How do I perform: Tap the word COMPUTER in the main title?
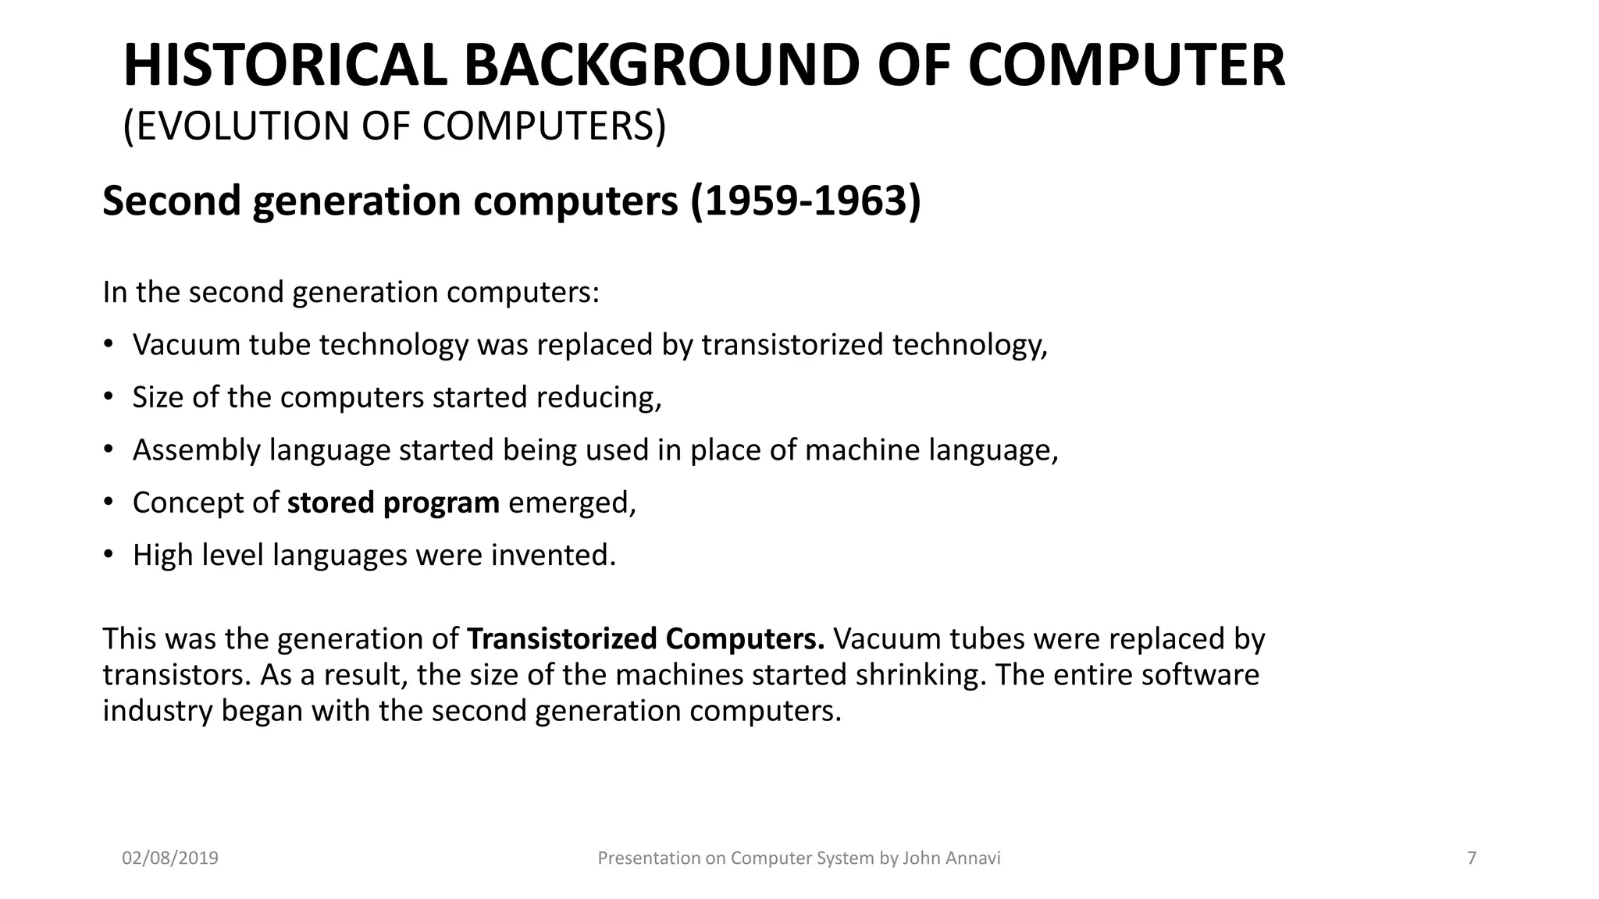[x=1126, y=66]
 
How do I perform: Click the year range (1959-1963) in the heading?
[x=806, y=201]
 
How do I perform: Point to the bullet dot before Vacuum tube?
[x=109, y=344]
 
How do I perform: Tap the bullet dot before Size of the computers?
[x=109, y=397]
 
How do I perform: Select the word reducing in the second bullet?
[x=598, y=397]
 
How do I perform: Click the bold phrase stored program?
[x=393, y=503]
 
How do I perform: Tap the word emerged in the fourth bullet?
[x=572, y=503]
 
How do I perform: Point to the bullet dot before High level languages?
[x=109, y=555]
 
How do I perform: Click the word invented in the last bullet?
[x=553, y=555]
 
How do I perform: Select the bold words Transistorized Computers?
[x=645, y=638]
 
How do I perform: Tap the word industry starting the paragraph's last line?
[x=157, y=711]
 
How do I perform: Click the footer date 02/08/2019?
[x=170, y=858]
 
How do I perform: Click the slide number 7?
[x=1472, y=858]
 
